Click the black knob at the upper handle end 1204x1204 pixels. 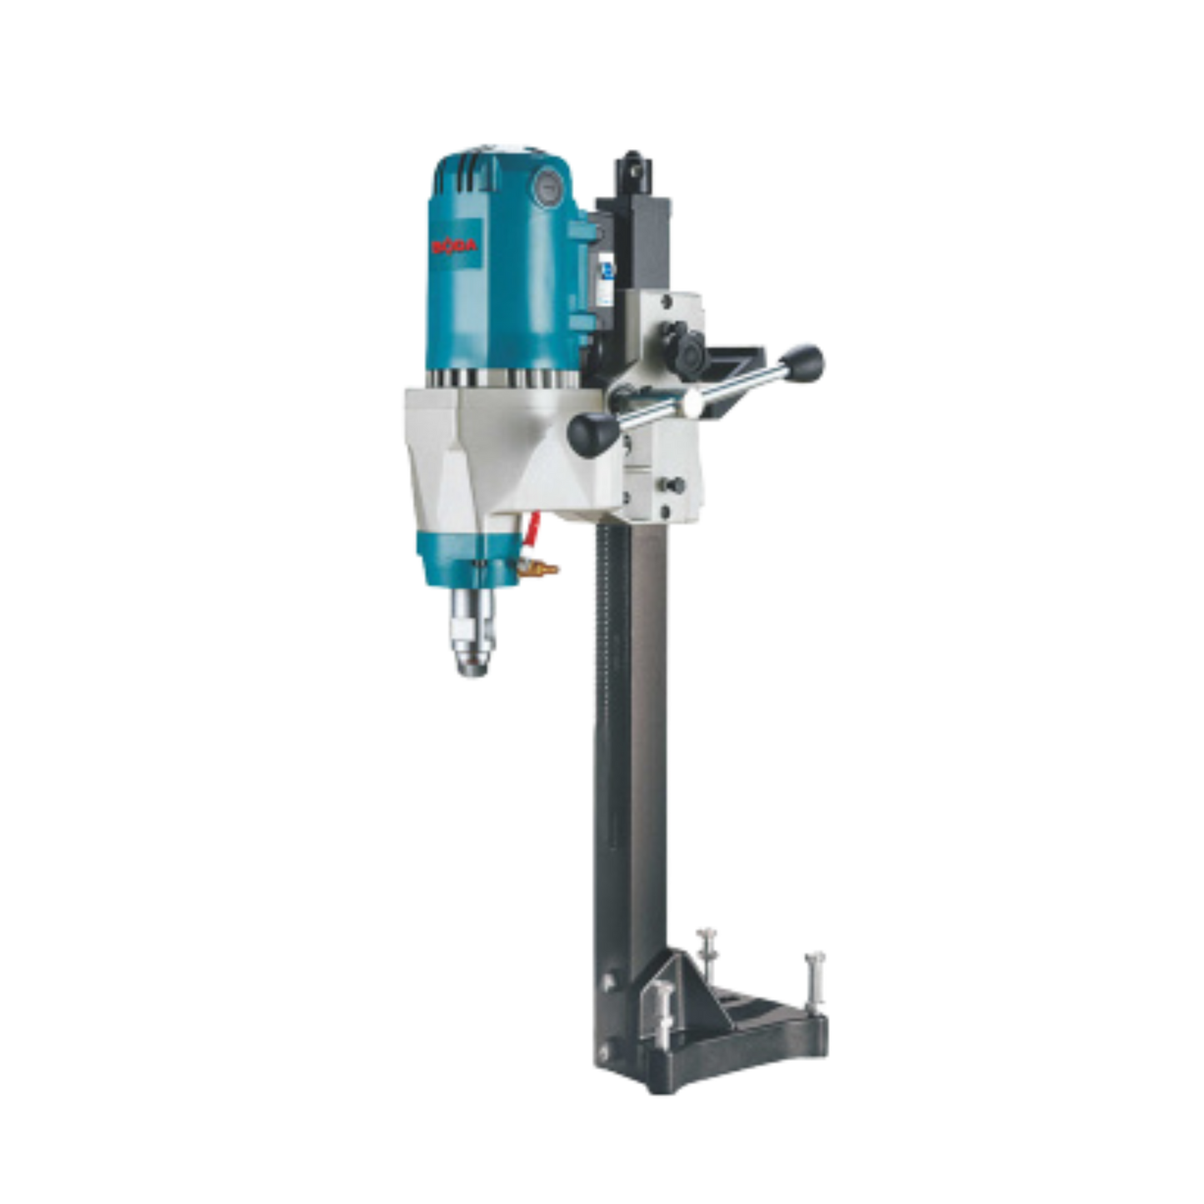[x=807, y=359]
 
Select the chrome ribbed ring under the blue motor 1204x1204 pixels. [x=500, y=379]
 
